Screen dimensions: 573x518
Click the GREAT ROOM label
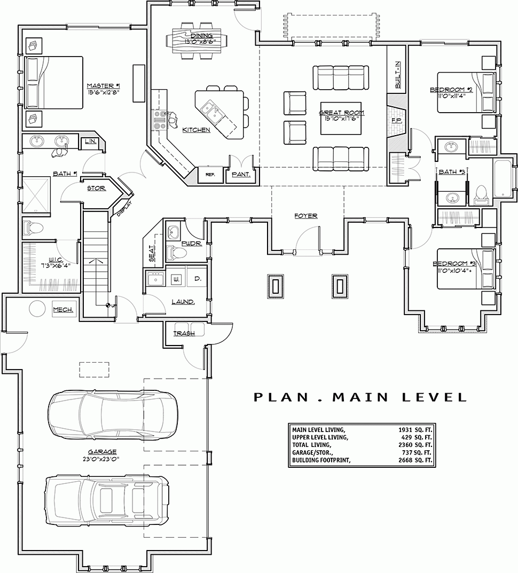click(x=341, y=113)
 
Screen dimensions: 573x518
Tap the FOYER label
click(x=306, y=216)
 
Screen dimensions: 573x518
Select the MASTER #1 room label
click(x=103, y=85)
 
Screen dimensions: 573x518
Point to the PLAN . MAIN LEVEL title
click(x=360, y=397)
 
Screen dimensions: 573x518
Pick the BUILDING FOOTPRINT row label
click(x=321, y=460)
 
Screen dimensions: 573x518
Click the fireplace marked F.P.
click(x=397, y=121)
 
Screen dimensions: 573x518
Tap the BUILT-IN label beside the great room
click(x=397, y=74)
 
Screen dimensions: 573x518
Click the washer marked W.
click(x=176, y=279)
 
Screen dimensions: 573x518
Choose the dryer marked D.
click(x=197, y=279)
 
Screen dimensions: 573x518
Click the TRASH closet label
click(x=184, y=333)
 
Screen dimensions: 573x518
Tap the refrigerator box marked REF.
click(x=210, y=174)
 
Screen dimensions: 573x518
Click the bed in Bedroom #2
click(x=465, y=92)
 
